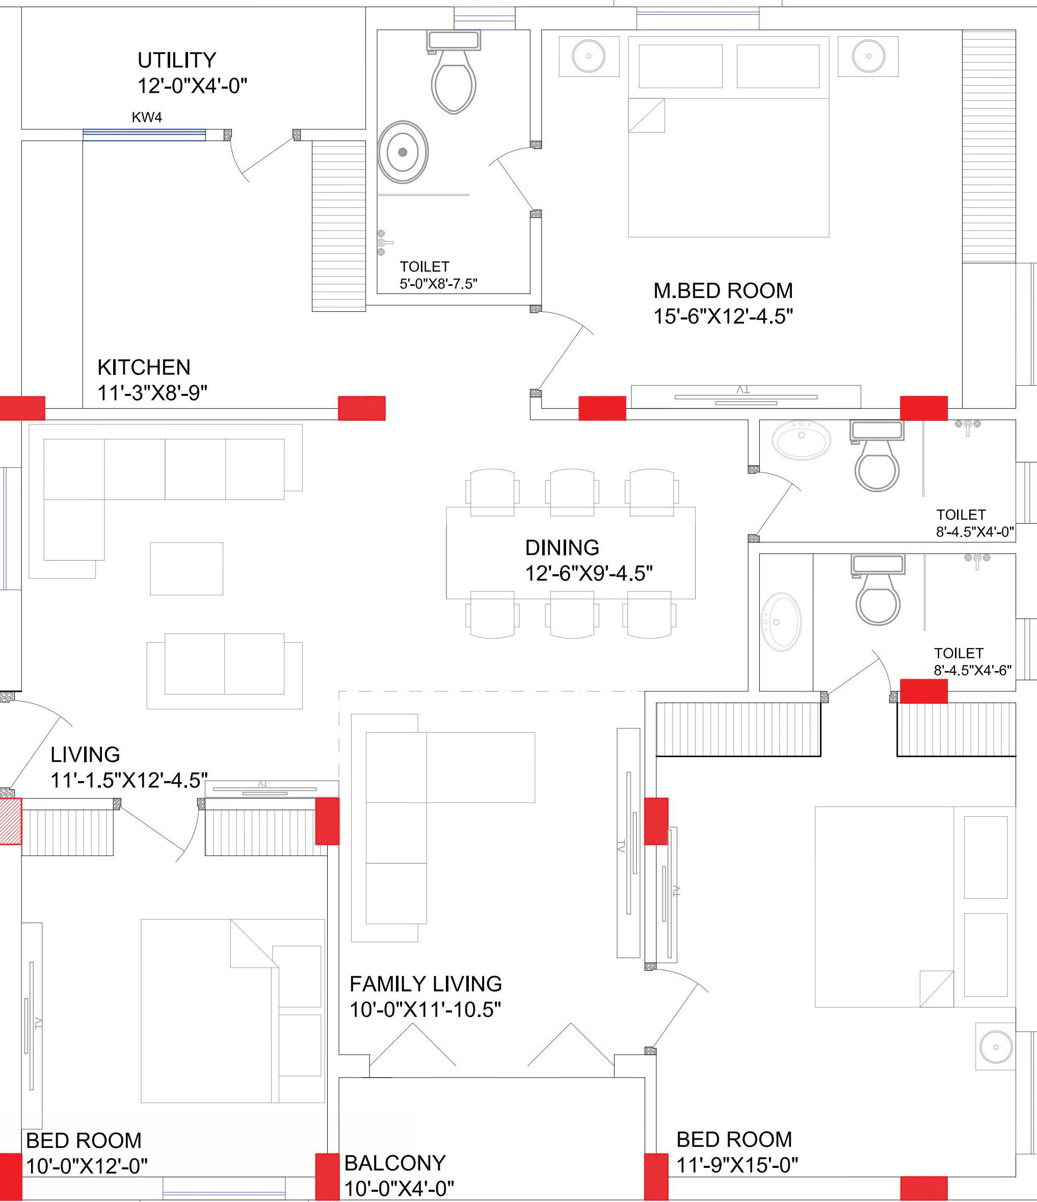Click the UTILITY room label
click(177, 60)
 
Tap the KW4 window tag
click(147, 118)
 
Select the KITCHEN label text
click(144, 367)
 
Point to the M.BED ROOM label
click(723, 290)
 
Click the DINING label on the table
click(562, 548)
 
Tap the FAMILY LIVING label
click(426, 984)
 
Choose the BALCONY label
click(395, 1163)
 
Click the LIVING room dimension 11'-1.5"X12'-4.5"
click(129, 781)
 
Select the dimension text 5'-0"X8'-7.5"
click(439, 284)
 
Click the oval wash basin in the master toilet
click(403, 152)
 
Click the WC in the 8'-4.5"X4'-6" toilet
click(878, 590)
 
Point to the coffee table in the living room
click(187, 569)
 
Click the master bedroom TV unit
click(746, 397)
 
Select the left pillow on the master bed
click(680, 66)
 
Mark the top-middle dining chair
click(572, 492)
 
